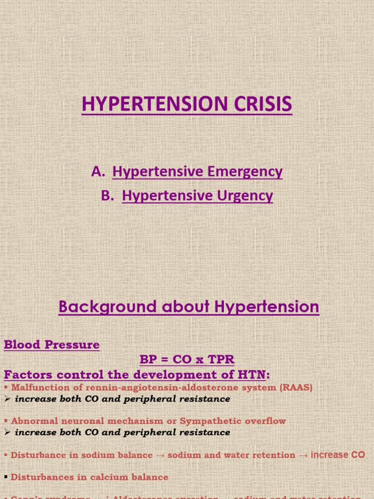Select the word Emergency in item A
(x=245, y=172)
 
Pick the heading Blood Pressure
(x=52, y=345)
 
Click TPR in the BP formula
(x=222, y=360)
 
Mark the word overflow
(x=268, y=421)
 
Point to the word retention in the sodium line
(x=275, y=455)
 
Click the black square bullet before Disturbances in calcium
(x=6, y=478)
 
